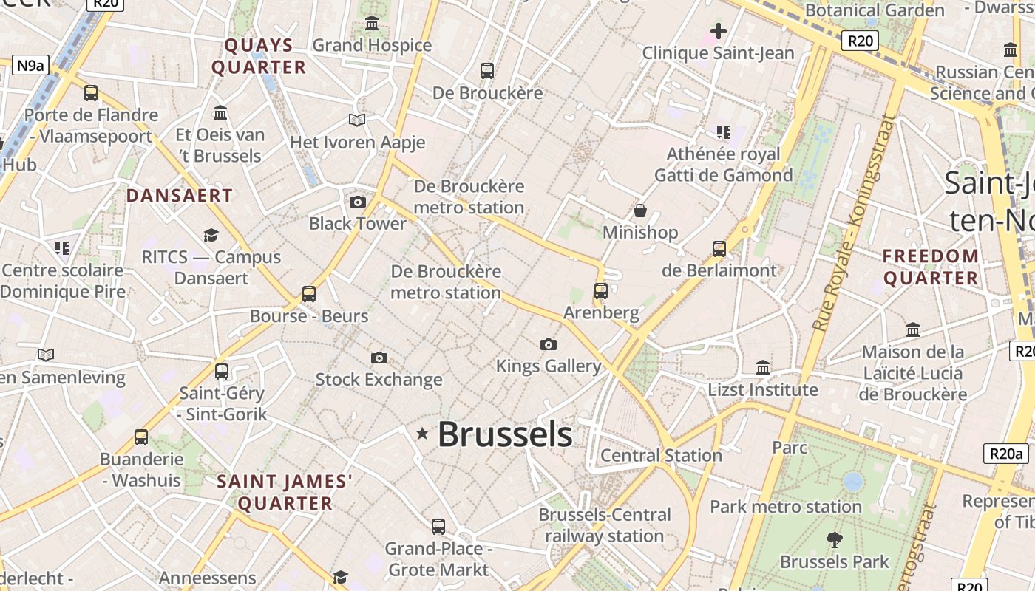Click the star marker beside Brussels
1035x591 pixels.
tap(422, 434)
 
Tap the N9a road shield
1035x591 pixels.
tap(30, 65)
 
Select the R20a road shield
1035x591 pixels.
tap(1005, 454)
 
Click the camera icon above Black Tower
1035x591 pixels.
tap(357, 202)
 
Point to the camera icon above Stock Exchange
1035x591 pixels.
tap(379, 358)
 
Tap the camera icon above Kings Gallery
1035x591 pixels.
tap(548, 344)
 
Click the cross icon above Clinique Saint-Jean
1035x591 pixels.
tap(718, 31)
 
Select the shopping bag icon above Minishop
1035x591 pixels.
tap(640, 211)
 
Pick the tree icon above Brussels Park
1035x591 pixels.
tap(835, 540)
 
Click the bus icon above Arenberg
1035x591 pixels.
tap(600, 291)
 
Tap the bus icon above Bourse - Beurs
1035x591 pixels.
tap(309, 294)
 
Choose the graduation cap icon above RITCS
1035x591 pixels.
tap(211, 236)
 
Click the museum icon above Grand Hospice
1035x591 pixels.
tap(372, 24)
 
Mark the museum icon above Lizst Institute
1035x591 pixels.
tap(763, 367)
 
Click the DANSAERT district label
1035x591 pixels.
tap(180, 196)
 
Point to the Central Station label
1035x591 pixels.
tap(661, 455)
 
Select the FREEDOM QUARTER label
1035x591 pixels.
tap(931, 267)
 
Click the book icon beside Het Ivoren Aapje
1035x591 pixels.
tap(357, 120)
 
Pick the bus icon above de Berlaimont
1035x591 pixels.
tap(719, 249)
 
